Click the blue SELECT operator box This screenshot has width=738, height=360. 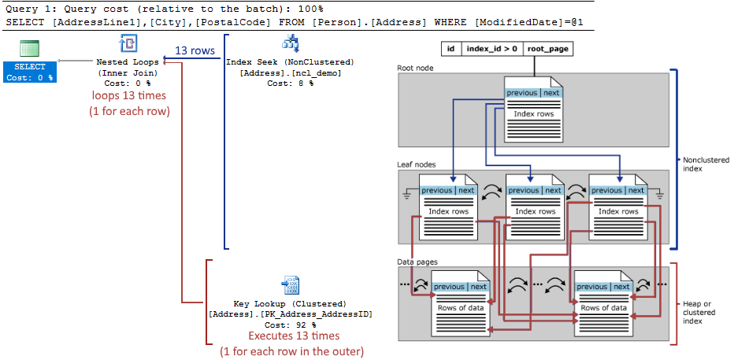pyautogui.click(x=30, y=71)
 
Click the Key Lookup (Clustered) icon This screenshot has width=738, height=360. pyautogui.click(x=290, y=285)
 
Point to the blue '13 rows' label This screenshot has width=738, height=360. pyautogui.click(x=195, y=50)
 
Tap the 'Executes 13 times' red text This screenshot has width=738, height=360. pyautogui.click(x=289, y=336)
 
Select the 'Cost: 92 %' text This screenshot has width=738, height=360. pyautogui.click(x=289, y=325)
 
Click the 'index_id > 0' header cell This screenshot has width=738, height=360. pyautogui.click(x=492, y=49)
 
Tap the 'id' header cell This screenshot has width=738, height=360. pyautogui.click(x=451, y=49)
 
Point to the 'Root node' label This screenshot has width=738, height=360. pyautogui.click(x=415, y=68)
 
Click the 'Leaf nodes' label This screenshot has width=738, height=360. pyautogui.click(x=417, y=164)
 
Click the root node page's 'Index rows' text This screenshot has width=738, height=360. pyautogui.click(x=533, y=114)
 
